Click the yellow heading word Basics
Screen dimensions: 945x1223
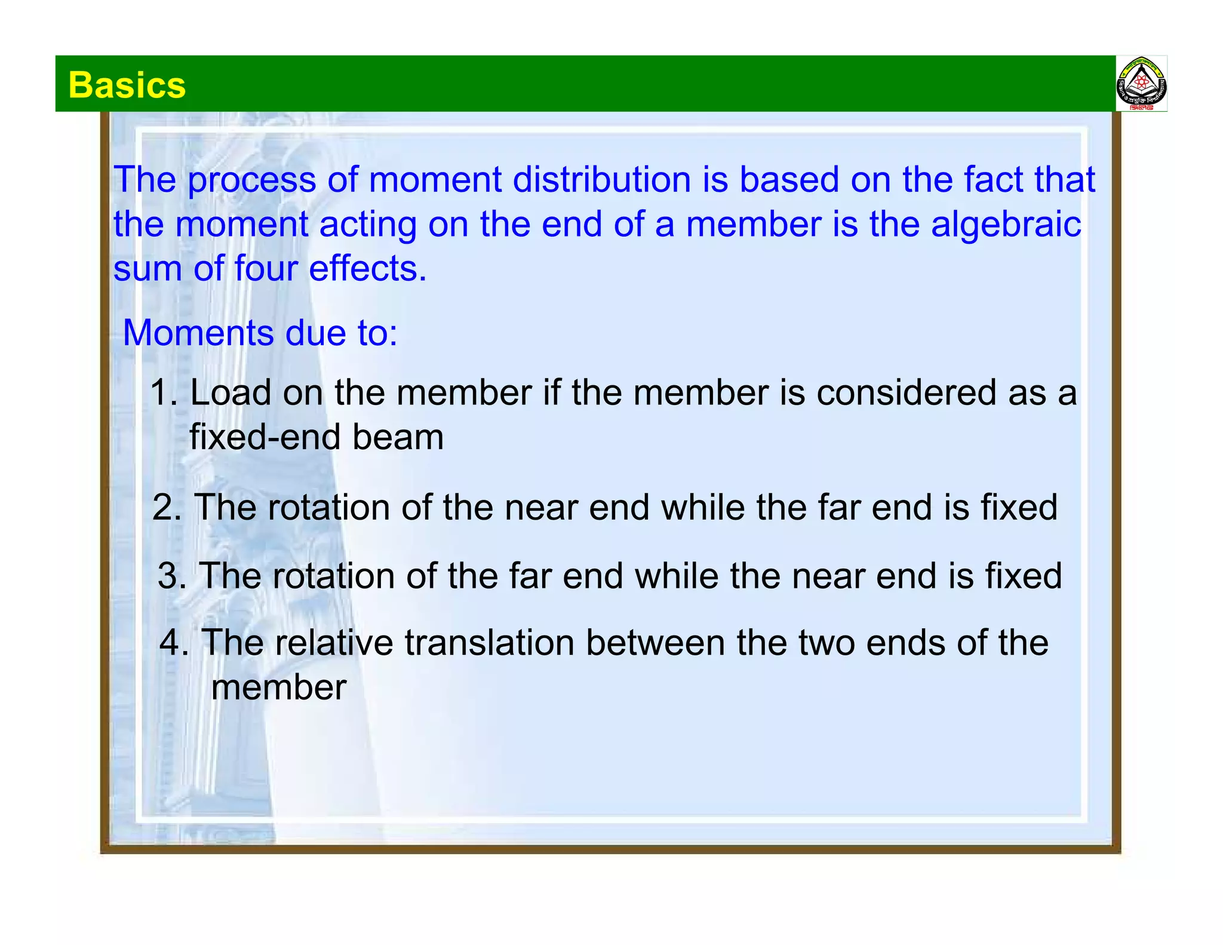127,85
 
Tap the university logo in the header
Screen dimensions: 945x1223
1141,84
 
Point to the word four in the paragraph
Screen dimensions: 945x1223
266,269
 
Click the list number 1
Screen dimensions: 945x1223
162,393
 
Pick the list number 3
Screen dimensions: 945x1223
171,576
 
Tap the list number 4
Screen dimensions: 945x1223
174,643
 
